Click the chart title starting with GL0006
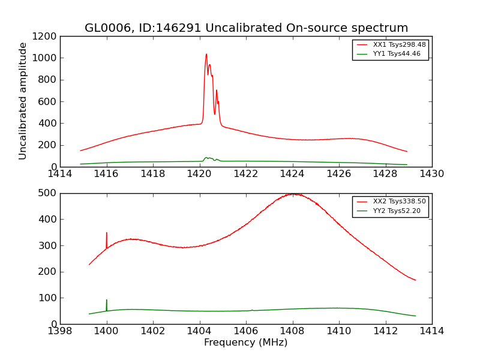pos(246,28)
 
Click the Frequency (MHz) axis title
pos(246,343)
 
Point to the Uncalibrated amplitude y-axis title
pos(23,101)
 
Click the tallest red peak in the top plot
pos(206,55)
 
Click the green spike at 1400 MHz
pos(107,301)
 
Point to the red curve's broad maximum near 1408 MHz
pos(292,194)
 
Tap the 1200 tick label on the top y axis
pos(45,36)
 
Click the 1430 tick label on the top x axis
pos(432,174)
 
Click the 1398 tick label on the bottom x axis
pos(60,331)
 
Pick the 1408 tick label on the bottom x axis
pos(292,331)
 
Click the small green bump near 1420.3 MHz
pos(206,158)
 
